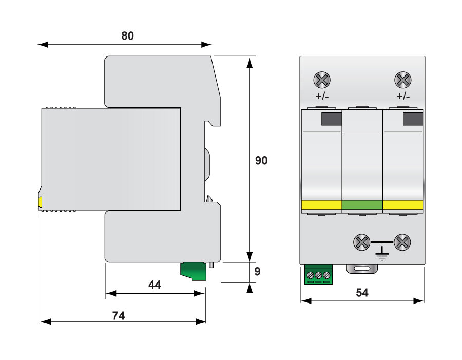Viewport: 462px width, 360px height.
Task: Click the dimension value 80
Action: pos(127,36)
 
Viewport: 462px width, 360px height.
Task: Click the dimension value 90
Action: pos(261,161)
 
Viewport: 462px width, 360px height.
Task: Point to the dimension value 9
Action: pos(258,272)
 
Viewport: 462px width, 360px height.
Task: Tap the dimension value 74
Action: pos(119,316)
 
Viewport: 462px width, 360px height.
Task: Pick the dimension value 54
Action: pos(362,293)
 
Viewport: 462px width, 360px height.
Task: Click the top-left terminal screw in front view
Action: pos(322,80)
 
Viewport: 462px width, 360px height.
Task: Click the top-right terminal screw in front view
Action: pos(403,80)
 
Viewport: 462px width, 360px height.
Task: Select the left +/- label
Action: pos(322,97)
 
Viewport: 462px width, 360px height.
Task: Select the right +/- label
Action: pos(403,97)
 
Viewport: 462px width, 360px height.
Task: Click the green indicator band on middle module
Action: pos(362,205)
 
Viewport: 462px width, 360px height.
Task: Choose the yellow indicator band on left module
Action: pos(322,205)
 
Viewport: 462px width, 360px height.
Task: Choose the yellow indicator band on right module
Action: pos(403,205)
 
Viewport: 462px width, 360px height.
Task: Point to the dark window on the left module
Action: pos(332,119)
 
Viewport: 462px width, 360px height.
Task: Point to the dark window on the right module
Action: pos(413,119)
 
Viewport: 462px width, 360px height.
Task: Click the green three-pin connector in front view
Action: pos(318,275)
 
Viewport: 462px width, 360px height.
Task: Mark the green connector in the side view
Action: pos(193,271)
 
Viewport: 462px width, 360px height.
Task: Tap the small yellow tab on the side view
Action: pos(40,202)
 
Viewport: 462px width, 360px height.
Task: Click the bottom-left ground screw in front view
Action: pos(362,241)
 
